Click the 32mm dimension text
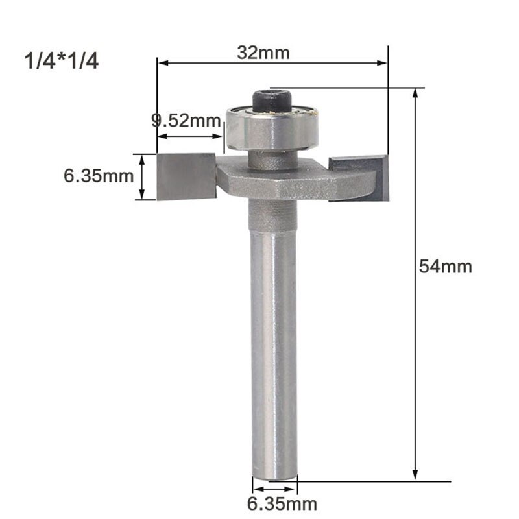[254, 53]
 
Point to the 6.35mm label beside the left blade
[98, 176]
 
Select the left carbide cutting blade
[186, 176]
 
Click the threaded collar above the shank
[273, 214]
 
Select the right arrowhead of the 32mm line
[382, 63]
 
